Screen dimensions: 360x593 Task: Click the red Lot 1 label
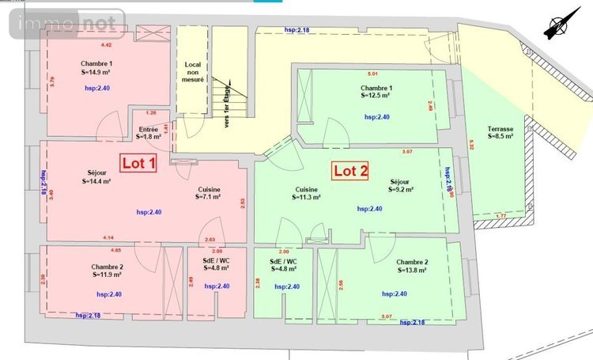(x=138, y=162)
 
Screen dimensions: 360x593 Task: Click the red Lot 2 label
(x=351, y=170)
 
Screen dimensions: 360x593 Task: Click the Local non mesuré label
(x=194, y=72)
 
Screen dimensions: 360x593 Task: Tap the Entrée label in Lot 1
(x=149, y=129)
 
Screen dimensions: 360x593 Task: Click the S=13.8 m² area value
(x=412, y=270)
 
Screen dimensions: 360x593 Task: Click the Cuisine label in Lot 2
(x=306, y=189)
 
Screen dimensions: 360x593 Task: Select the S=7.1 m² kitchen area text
(x=210, y=197)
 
